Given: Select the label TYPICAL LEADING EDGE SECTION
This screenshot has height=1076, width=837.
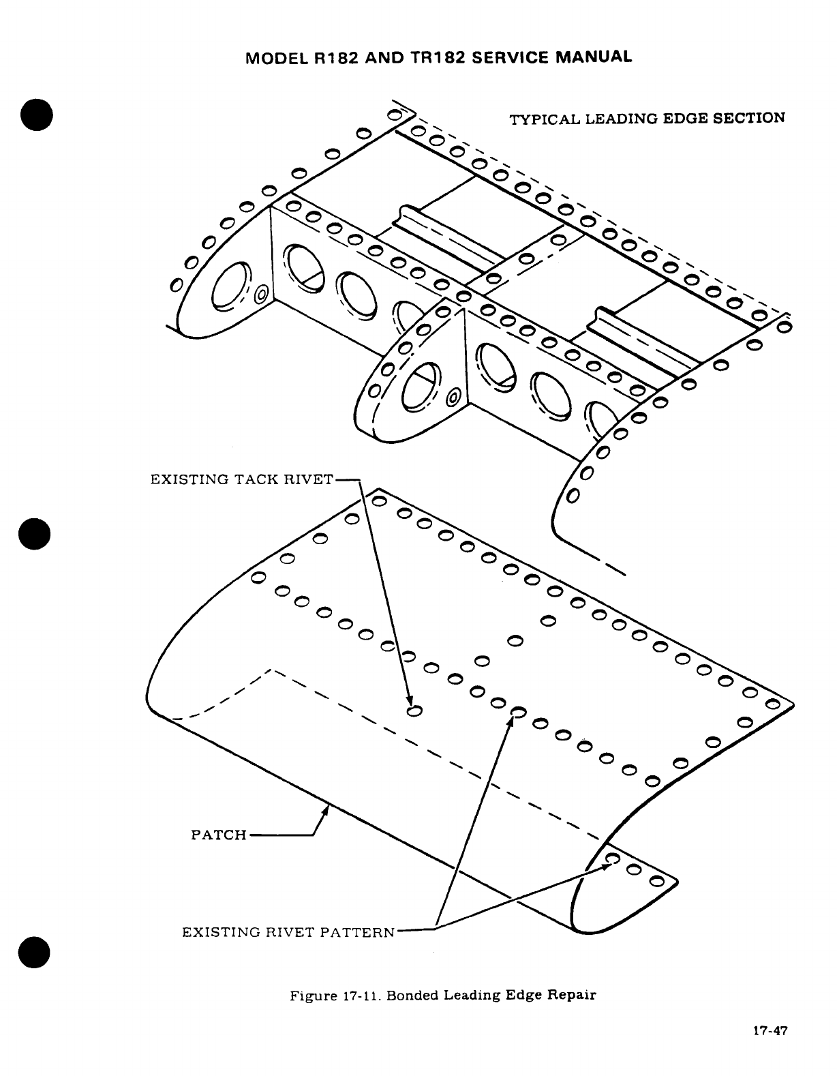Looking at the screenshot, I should point(648,119).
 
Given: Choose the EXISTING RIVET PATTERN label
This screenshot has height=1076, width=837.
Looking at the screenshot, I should point(288,931).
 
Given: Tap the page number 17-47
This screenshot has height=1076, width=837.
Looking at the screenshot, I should point(770,1031).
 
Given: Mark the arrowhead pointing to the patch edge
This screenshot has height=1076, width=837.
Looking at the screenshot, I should point(326,810).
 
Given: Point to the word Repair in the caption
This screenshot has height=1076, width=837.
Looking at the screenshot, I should point(574,995).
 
